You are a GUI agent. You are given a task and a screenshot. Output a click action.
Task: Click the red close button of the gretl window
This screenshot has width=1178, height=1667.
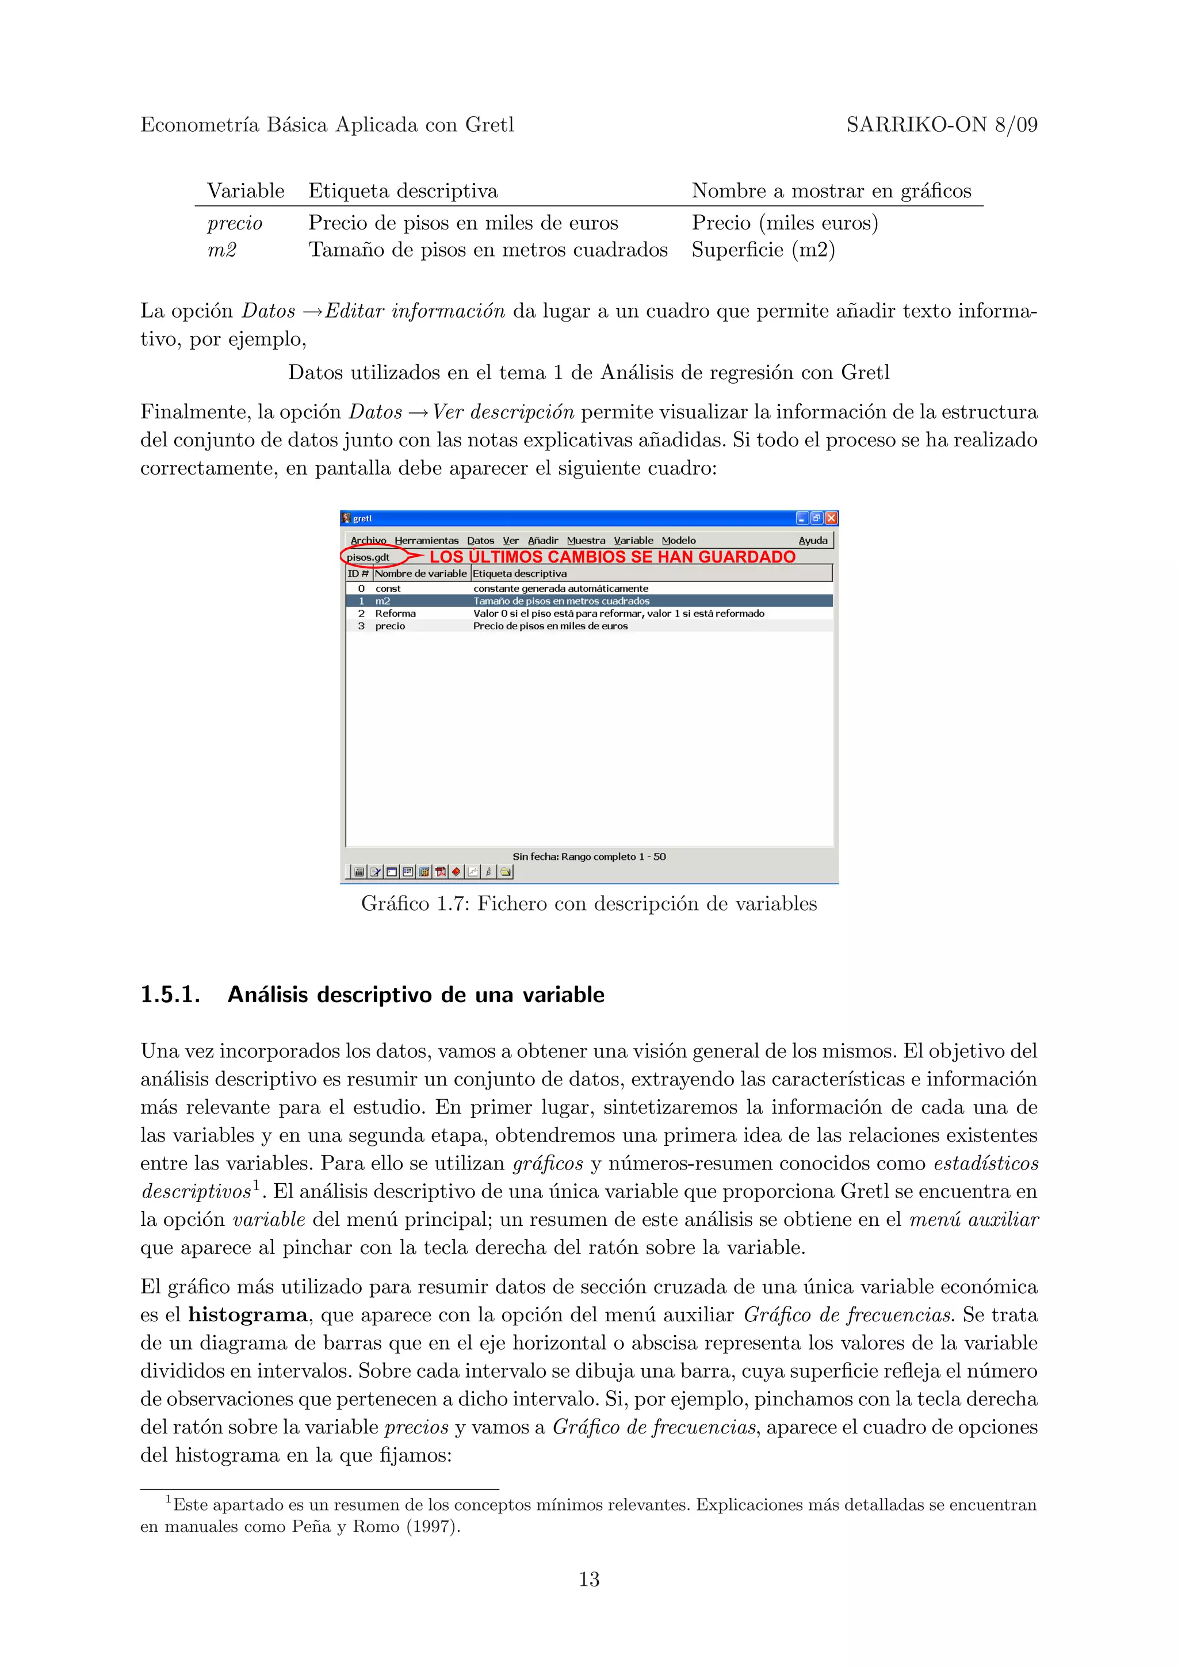(831, 518)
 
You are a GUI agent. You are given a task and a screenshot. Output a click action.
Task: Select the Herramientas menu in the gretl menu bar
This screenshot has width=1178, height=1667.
(426, 540)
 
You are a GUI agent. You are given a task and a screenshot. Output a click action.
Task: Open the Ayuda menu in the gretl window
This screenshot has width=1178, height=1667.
(812, 540)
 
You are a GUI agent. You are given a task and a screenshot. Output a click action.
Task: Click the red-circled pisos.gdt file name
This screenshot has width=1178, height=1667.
(368, 557)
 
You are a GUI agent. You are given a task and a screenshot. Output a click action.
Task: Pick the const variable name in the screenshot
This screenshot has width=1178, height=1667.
(388, 588)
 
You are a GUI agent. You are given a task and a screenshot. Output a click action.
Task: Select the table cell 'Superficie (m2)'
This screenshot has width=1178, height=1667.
(763, 250)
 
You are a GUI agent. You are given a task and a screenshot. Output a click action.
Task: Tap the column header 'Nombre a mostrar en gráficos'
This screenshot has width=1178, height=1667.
(831, 191)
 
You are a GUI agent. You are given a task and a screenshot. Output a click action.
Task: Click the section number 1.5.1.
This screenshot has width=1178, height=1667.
(170, 994)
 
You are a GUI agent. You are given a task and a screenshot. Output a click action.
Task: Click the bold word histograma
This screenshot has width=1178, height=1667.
(247, 1315)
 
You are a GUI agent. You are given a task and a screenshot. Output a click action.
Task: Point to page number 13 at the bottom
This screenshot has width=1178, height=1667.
(588, 1579)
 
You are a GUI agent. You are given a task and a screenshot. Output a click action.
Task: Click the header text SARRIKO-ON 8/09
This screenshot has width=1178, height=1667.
(942, 125)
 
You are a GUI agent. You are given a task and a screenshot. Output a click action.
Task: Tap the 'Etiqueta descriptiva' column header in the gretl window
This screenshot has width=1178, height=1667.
(519, 573)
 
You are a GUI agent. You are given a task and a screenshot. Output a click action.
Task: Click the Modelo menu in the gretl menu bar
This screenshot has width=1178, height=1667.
(678, 540)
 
